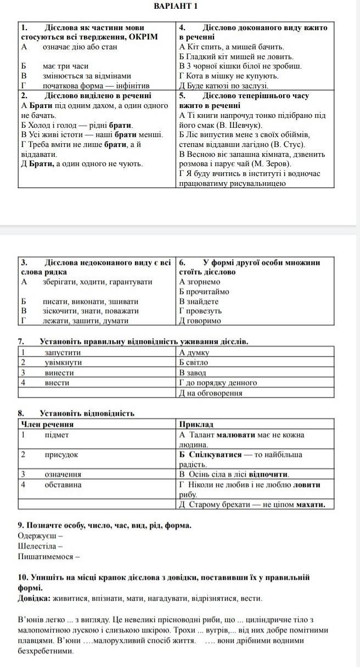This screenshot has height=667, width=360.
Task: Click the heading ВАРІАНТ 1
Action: coord(176,6)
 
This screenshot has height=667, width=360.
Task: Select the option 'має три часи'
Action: coord(65,66)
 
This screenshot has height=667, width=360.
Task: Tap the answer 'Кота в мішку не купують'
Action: coord(222,76)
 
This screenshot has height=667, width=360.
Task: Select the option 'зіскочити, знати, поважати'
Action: coord(91,311)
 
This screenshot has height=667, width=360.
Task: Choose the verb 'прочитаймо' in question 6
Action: coord(204,292)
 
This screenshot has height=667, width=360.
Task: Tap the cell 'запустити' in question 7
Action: coord(63,353)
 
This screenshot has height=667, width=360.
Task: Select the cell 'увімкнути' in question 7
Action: coord(63,363)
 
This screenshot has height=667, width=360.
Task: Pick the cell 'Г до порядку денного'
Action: coord(218,383)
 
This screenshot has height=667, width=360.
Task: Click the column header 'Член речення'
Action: coord(47,425)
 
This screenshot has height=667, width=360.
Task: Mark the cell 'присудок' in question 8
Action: coord(61,455)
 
